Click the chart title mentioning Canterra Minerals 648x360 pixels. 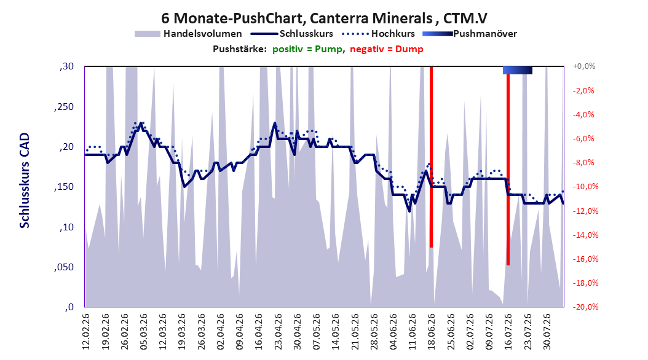[324, 18]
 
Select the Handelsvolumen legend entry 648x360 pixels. [189, 34]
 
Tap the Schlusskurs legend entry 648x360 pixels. [292, 34]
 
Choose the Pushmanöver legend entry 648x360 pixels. [470, 34]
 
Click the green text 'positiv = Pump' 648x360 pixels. [307, 49]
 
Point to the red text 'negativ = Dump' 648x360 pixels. [387, 49]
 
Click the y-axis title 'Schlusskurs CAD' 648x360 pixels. [25, 181]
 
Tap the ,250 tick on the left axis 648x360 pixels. [64, 106]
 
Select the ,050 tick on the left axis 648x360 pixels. [64, 267]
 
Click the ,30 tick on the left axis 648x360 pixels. [66, 66]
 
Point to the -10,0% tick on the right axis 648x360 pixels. [585, 187]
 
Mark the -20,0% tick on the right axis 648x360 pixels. [585, 307]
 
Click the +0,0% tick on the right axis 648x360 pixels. [584, 66]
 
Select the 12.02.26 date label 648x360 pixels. [86, 332]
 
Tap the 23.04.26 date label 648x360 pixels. [278, 332]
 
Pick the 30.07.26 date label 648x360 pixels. [547, 332]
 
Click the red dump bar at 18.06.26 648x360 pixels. [431, 157]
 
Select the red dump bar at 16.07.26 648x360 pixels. [508, 170]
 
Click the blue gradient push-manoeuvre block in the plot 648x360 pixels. [518, 70]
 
